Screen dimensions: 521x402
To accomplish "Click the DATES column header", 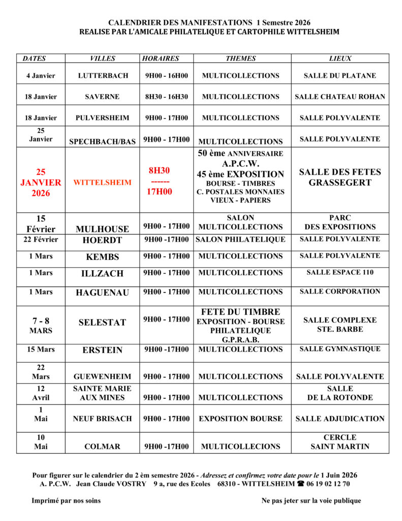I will click(x=34, y=59).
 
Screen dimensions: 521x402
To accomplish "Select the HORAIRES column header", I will click(x=161, y=59).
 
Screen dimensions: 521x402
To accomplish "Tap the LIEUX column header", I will click(x=340, y=59).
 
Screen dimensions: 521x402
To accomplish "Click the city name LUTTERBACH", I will click(x=103, y=76).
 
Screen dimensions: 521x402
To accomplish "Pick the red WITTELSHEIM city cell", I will click(x=102, y=183).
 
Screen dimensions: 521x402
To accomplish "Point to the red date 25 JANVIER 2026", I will click(x=41, y=183).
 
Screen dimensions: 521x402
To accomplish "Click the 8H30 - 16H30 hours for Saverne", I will click(x=166, y=97).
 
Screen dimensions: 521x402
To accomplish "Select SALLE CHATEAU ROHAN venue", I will click(x=340, y=97).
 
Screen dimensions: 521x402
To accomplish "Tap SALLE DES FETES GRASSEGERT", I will click(x=340, y=178).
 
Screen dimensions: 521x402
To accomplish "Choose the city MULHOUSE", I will click(x=102, y=229).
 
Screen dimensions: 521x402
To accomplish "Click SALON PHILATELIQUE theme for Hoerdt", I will click(x=240, y=239).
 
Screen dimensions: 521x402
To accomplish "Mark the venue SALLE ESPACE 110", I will click(x=340, y=272).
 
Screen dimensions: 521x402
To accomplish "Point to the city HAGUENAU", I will click(x=102, y=293).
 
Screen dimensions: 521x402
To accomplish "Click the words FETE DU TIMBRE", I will click(x=240, y=312).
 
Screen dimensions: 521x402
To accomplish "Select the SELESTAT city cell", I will click(x=102, y=323).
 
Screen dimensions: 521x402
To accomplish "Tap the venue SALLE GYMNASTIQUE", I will click(x=340, y=349).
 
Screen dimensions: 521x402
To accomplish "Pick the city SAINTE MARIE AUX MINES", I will click(x=102, y=393).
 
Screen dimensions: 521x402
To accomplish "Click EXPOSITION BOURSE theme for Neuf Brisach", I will click(x=240, y=419).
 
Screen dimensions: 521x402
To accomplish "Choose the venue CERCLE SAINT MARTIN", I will click(x=340, y=442).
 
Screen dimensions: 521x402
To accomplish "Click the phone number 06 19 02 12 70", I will click(x=327, y=484).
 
